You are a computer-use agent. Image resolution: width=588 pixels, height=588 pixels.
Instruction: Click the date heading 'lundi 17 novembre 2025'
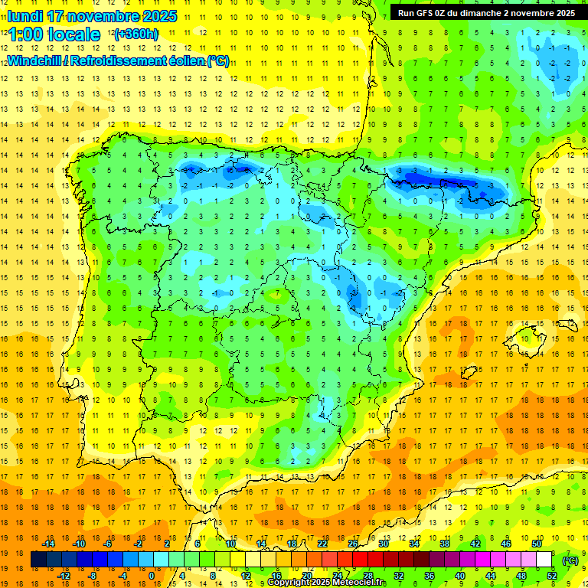click(x=92, y=16)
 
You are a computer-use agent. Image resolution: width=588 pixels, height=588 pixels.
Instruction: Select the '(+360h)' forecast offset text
click(x=136, y=34)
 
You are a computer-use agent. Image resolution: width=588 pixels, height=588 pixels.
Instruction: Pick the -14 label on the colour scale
click(x=48, y=543)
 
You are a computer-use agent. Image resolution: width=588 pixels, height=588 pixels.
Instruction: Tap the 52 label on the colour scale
click(x=552, y=575)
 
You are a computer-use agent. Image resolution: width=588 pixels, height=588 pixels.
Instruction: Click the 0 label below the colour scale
click(x=151, y=575)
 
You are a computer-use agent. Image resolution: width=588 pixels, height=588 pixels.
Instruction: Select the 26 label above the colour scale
click(x=353, y=543)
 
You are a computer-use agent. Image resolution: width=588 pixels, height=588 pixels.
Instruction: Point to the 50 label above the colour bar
click(x=537, y=543)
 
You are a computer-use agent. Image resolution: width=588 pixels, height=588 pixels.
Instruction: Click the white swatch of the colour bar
click(x=544, y=560)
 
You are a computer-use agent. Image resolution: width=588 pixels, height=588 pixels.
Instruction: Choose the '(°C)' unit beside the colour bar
click(x=570, y=560)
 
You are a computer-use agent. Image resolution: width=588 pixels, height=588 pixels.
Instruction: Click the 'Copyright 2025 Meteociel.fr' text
click(x=327, y=583)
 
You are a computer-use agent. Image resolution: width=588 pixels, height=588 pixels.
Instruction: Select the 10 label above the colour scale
click(x=230, y=543)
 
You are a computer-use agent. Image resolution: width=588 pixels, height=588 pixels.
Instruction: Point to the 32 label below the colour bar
click(x=399, y=575)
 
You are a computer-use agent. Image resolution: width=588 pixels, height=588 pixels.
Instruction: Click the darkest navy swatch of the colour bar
click(x=38, y=560)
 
